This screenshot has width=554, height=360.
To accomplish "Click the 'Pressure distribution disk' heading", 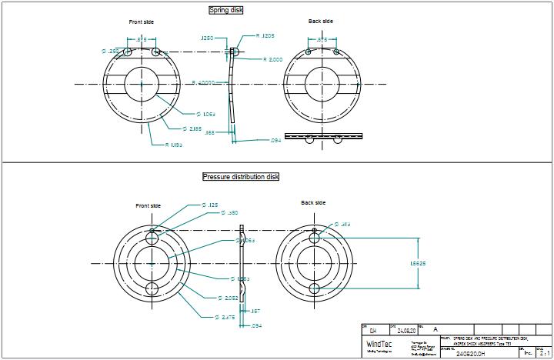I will tap(241, 177).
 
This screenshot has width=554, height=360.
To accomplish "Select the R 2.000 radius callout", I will tap(273, 59).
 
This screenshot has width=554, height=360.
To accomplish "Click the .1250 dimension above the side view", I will tap(206, 37).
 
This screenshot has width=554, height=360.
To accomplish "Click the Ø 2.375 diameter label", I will tap(225, 317).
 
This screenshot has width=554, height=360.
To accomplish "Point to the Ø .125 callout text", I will tap(209, 205).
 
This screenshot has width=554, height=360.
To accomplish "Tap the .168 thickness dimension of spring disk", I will tap(210, 133).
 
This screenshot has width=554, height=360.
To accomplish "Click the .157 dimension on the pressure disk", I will tap(255, 312).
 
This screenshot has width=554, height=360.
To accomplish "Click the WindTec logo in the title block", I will tap(378, 344).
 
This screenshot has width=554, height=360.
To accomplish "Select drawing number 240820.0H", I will tap(471, 354).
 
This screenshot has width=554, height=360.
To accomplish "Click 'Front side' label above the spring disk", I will tap(141, 22).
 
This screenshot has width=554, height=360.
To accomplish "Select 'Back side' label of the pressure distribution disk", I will tap(313, 203).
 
